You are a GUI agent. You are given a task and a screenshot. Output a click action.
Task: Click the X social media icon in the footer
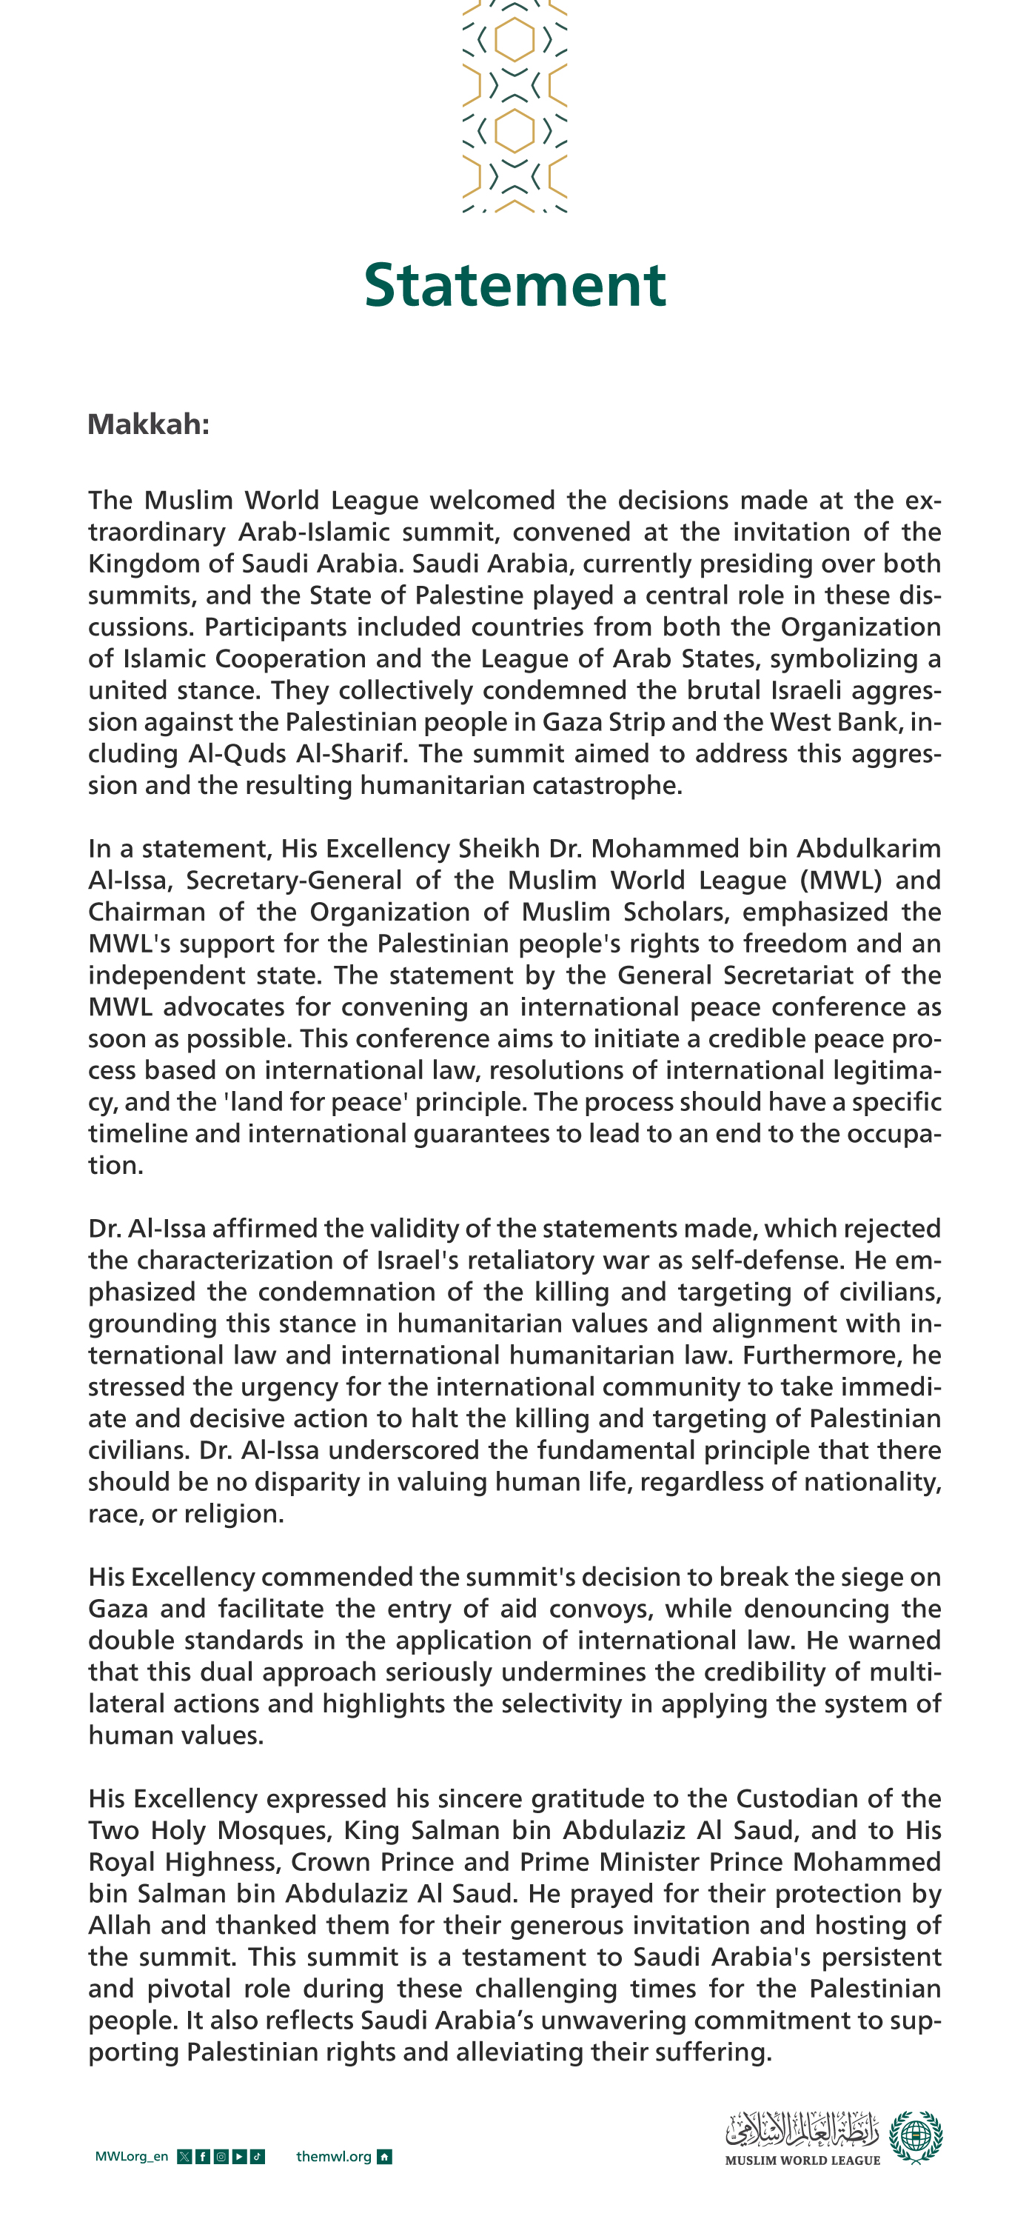pos(184,2157)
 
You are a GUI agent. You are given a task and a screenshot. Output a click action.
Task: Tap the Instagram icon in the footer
pos(221,2157)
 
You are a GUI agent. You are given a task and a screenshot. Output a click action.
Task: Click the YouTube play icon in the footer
pos(239,2157)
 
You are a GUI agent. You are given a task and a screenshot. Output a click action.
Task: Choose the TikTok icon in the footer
pos(258,2157)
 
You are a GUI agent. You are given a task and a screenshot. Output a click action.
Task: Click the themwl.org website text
pos(334,2157)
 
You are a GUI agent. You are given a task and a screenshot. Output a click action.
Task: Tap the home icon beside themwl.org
pos(385,2157)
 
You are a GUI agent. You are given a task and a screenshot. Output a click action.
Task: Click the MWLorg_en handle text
pos(132,2157)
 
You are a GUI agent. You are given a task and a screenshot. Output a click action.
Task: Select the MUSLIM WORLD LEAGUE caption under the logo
pos(802,2160)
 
